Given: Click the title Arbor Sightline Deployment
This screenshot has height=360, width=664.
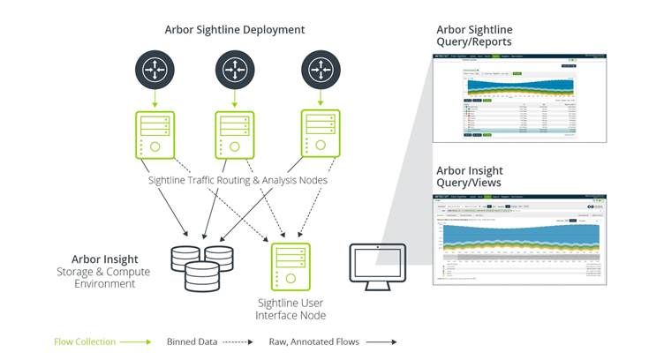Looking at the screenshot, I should pos(235,29).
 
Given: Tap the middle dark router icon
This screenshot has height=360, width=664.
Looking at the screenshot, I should pos(235,68).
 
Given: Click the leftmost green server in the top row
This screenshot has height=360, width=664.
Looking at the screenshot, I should pos(154,135).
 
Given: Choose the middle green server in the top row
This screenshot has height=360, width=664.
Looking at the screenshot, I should pos(234,135).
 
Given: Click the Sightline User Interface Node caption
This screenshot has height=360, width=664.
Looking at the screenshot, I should pos(290,310).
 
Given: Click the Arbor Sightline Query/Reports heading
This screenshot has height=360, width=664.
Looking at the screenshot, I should pos(474,35).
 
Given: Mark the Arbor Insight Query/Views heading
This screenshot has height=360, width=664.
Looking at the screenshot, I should pos(472,176).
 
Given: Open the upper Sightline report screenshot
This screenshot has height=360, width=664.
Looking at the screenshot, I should pos(519,96).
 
